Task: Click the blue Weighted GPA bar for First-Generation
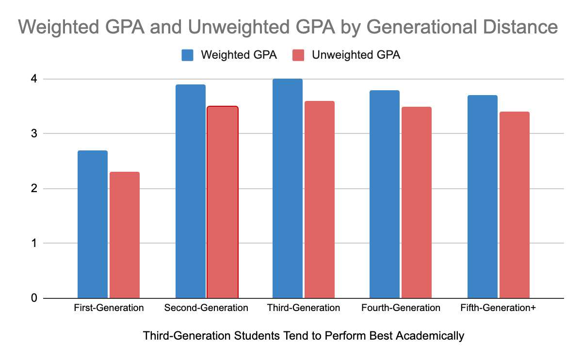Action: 93,224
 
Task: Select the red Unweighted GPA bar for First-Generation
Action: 125,235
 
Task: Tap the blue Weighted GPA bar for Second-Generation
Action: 190,191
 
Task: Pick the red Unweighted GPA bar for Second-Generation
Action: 222,202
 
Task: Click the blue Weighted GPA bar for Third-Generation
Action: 287,188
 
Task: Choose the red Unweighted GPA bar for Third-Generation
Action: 319,199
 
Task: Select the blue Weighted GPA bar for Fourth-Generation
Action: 384,194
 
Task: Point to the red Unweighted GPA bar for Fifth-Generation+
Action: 515,205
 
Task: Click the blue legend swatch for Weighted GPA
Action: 188,55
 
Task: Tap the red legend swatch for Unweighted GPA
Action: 299,55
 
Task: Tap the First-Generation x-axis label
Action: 109,308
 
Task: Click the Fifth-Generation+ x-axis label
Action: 498,308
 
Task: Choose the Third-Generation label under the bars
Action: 303,308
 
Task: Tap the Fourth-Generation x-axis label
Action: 401,308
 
